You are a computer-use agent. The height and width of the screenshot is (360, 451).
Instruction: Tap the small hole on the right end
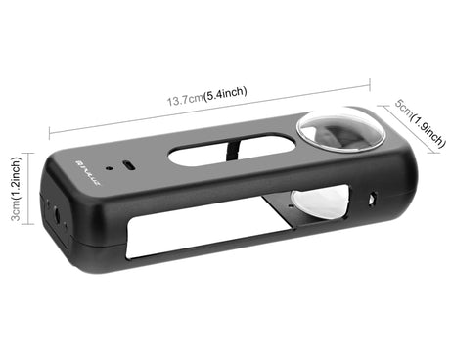coord(373,202)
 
